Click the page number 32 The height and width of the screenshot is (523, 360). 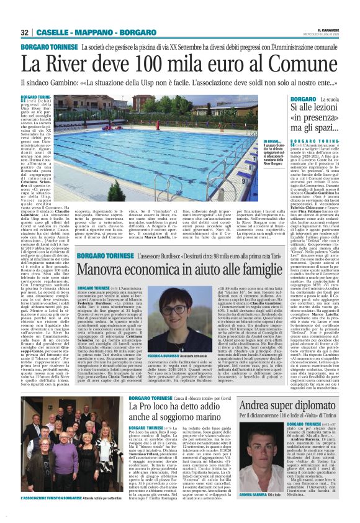coord(24,32)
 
